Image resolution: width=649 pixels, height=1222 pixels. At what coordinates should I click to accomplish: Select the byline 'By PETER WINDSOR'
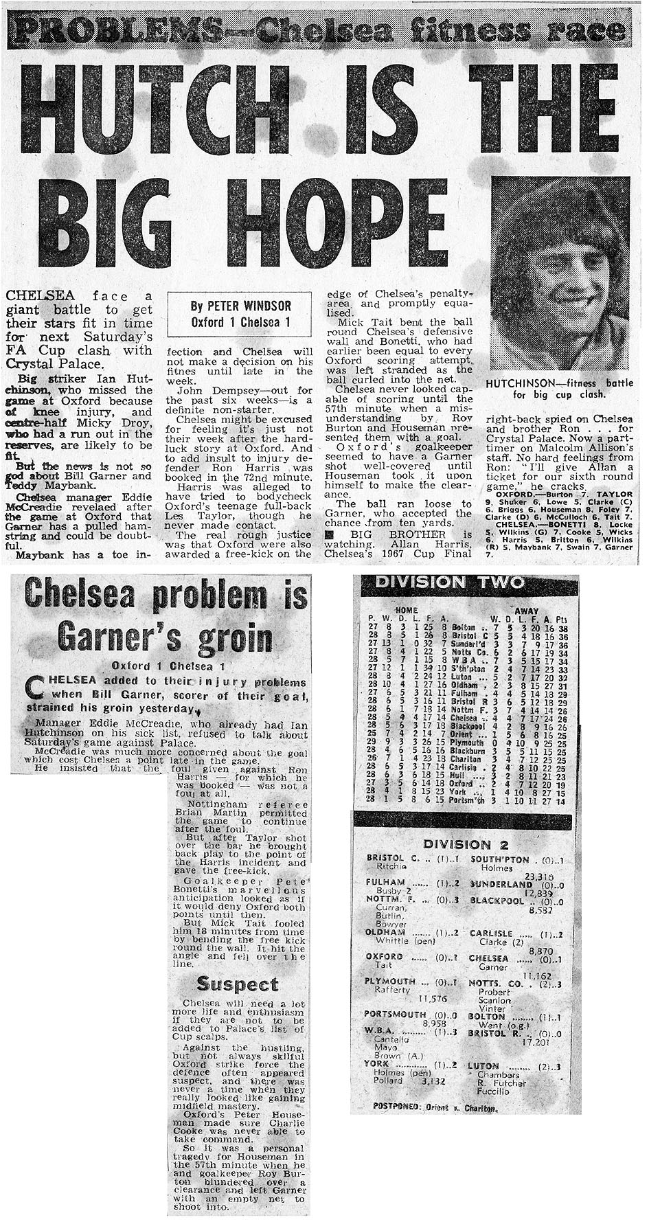(x=240, y=306)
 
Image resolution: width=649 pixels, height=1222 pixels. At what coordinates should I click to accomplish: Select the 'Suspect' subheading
(x=237, y=984)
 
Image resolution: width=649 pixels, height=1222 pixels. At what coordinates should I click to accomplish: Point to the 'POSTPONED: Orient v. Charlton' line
(x=435, y=1107)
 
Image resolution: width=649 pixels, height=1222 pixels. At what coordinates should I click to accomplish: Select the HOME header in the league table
(x=407, y=610)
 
